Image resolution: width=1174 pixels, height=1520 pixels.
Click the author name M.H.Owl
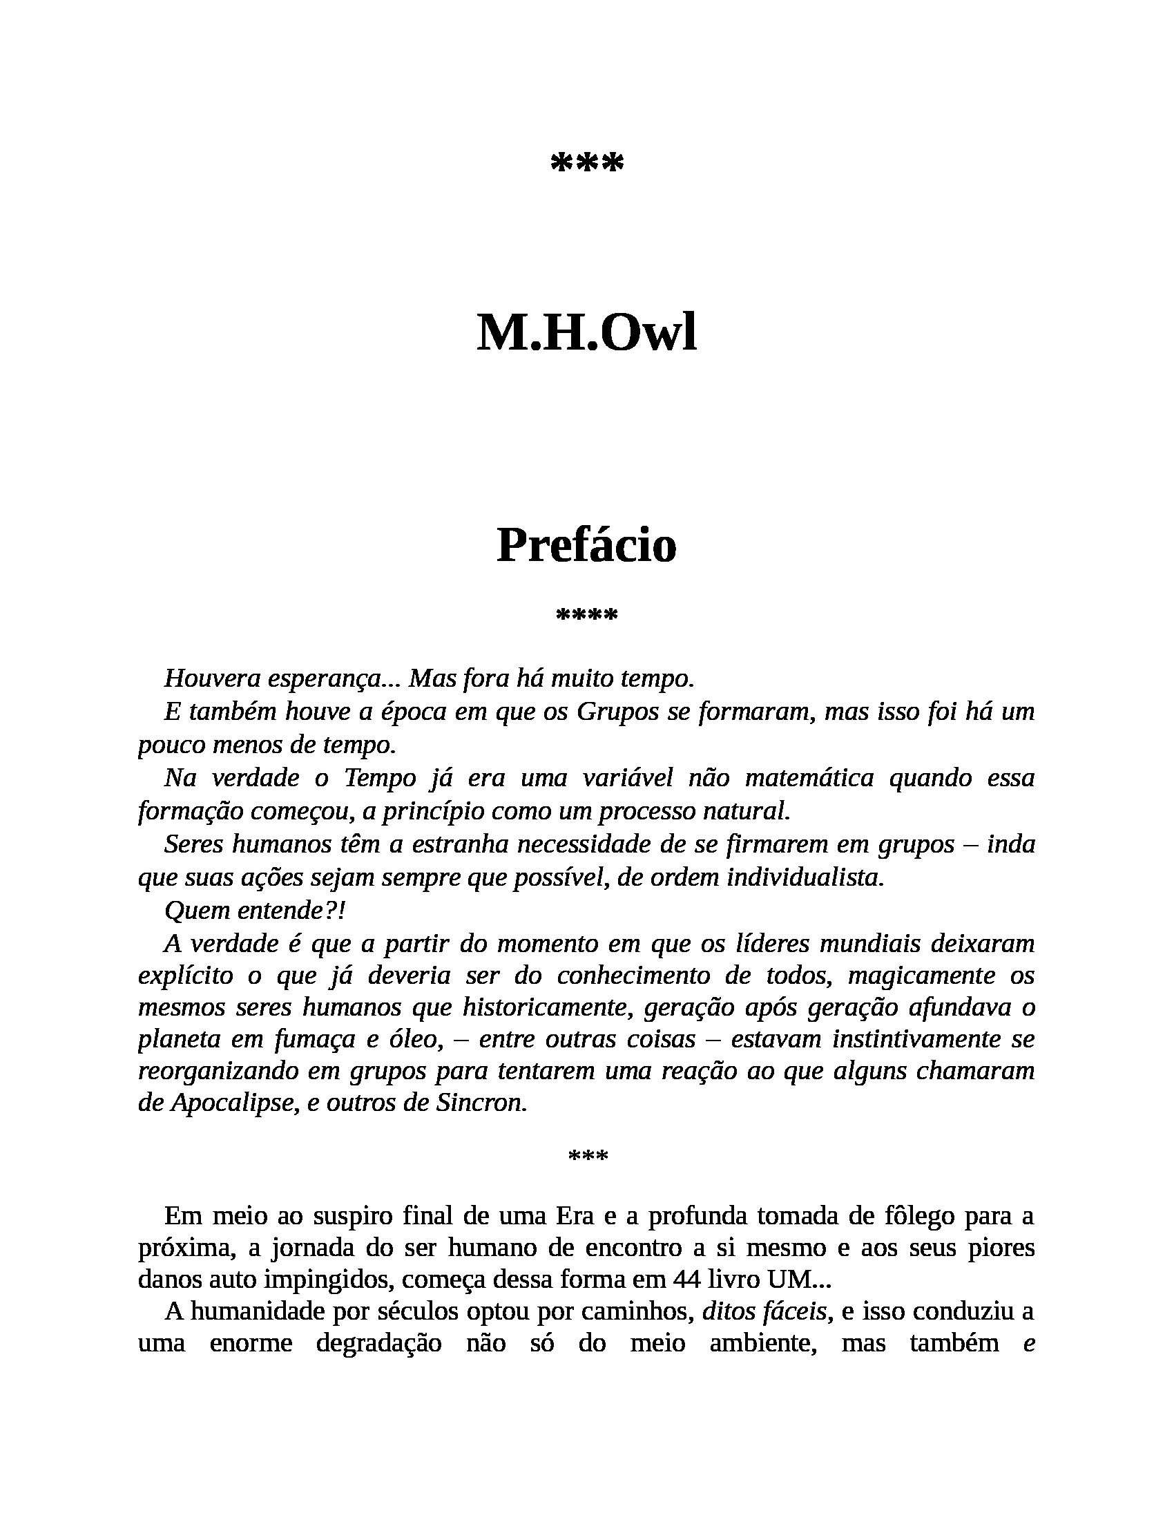click(586, 334)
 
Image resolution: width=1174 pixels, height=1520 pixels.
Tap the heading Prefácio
click(586, 546)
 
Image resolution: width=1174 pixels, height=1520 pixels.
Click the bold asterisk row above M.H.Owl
click(587, 164)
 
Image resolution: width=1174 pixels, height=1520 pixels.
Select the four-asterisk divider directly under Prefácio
click(587, 615)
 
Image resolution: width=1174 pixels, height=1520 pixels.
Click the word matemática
click(809, 777)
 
